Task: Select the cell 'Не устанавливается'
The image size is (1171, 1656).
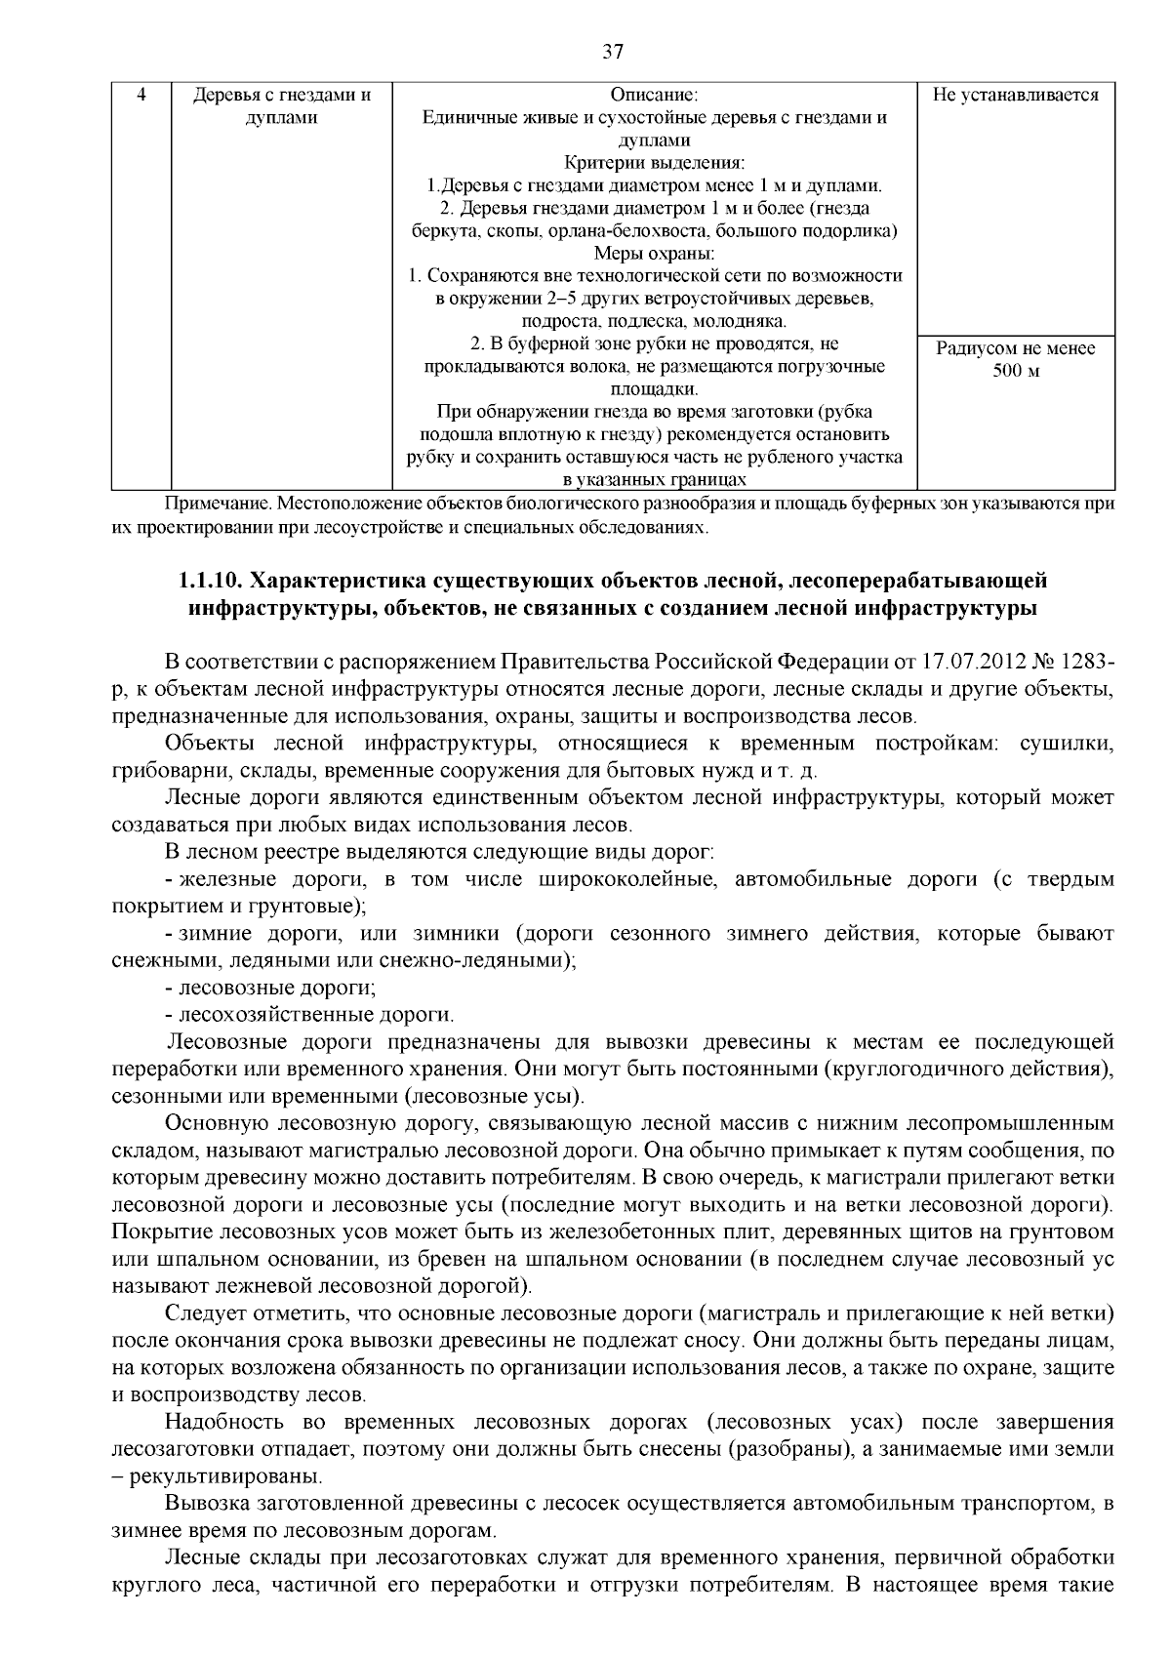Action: (1016, 96)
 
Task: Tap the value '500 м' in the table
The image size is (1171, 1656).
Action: (1016, 372)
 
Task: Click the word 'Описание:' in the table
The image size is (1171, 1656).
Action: (654, 96)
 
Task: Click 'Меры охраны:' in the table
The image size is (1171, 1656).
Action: (654, 254)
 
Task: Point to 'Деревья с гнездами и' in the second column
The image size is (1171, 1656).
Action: (282, 96)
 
